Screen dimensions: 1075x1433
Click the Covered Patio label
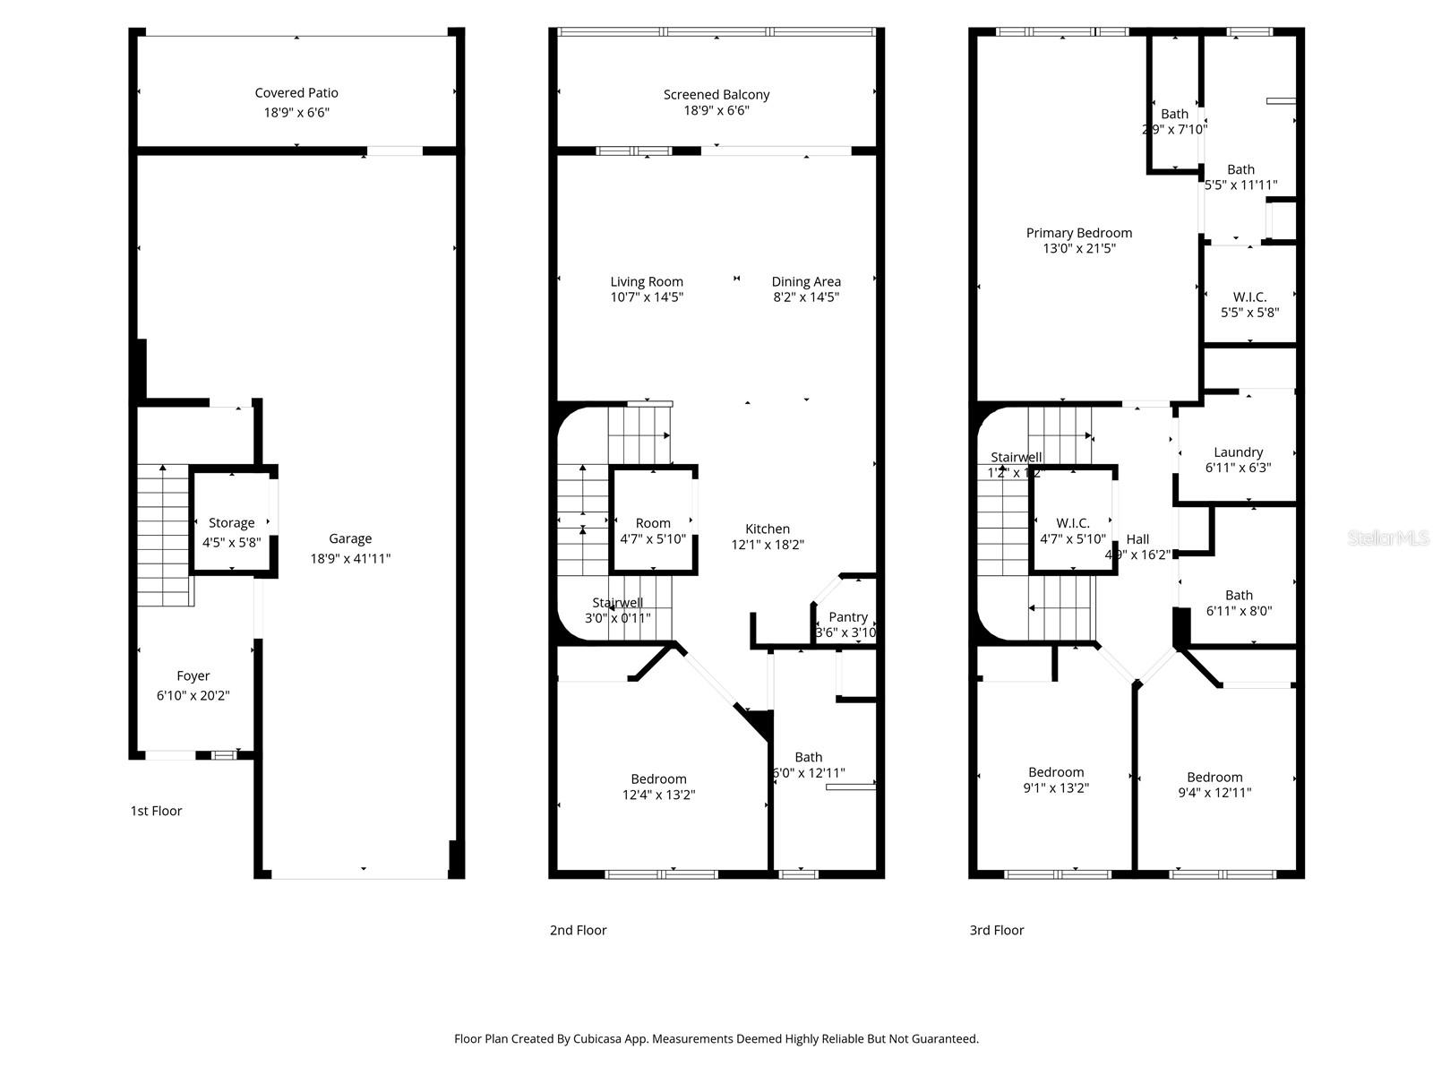[x=296, y=93]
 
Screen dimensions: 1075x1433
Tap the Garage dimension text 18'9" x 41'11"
[x=350, y=558]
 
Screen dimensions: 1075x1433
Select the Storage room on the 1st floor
[x=232, y=523]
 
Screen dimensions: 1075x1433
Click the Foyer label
[x=193, y=676]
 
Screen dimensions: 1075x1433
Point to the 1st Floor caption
[x=156, y=811]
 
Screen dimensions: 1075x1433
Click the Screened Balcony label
[x=716, y=94]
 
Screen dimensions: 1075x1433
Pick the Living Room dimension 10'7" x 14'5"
[x=647, y=297]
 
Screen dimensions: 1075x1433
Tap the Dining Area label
[x=806, y=281]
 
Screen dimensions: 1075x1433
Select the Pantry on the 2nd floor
[x=847, y=617]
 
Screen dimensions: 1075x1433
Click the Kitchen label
[x=768, y=529]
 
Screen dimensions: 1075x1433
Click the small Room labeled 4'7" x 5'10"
[x=653, y=523]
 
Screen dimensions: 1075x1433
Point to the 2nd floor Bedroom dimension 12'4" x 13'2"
[x=659, y=795]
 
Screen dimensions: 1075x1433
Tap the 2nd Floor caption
[x=578, y=930]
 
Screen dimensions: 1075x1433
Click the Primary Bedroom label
[x=1079, y=233]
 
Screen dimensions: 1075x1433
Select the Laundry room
[x=1238, y=452]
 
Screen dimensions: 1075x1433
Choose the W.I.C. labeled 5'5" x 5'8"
[x=1249, y=297]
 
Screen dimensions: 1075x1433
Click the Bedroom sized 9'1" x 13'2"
[x=1056, y=772]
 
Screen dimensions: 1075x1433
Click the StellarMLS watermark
[x=1388, y=537]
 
